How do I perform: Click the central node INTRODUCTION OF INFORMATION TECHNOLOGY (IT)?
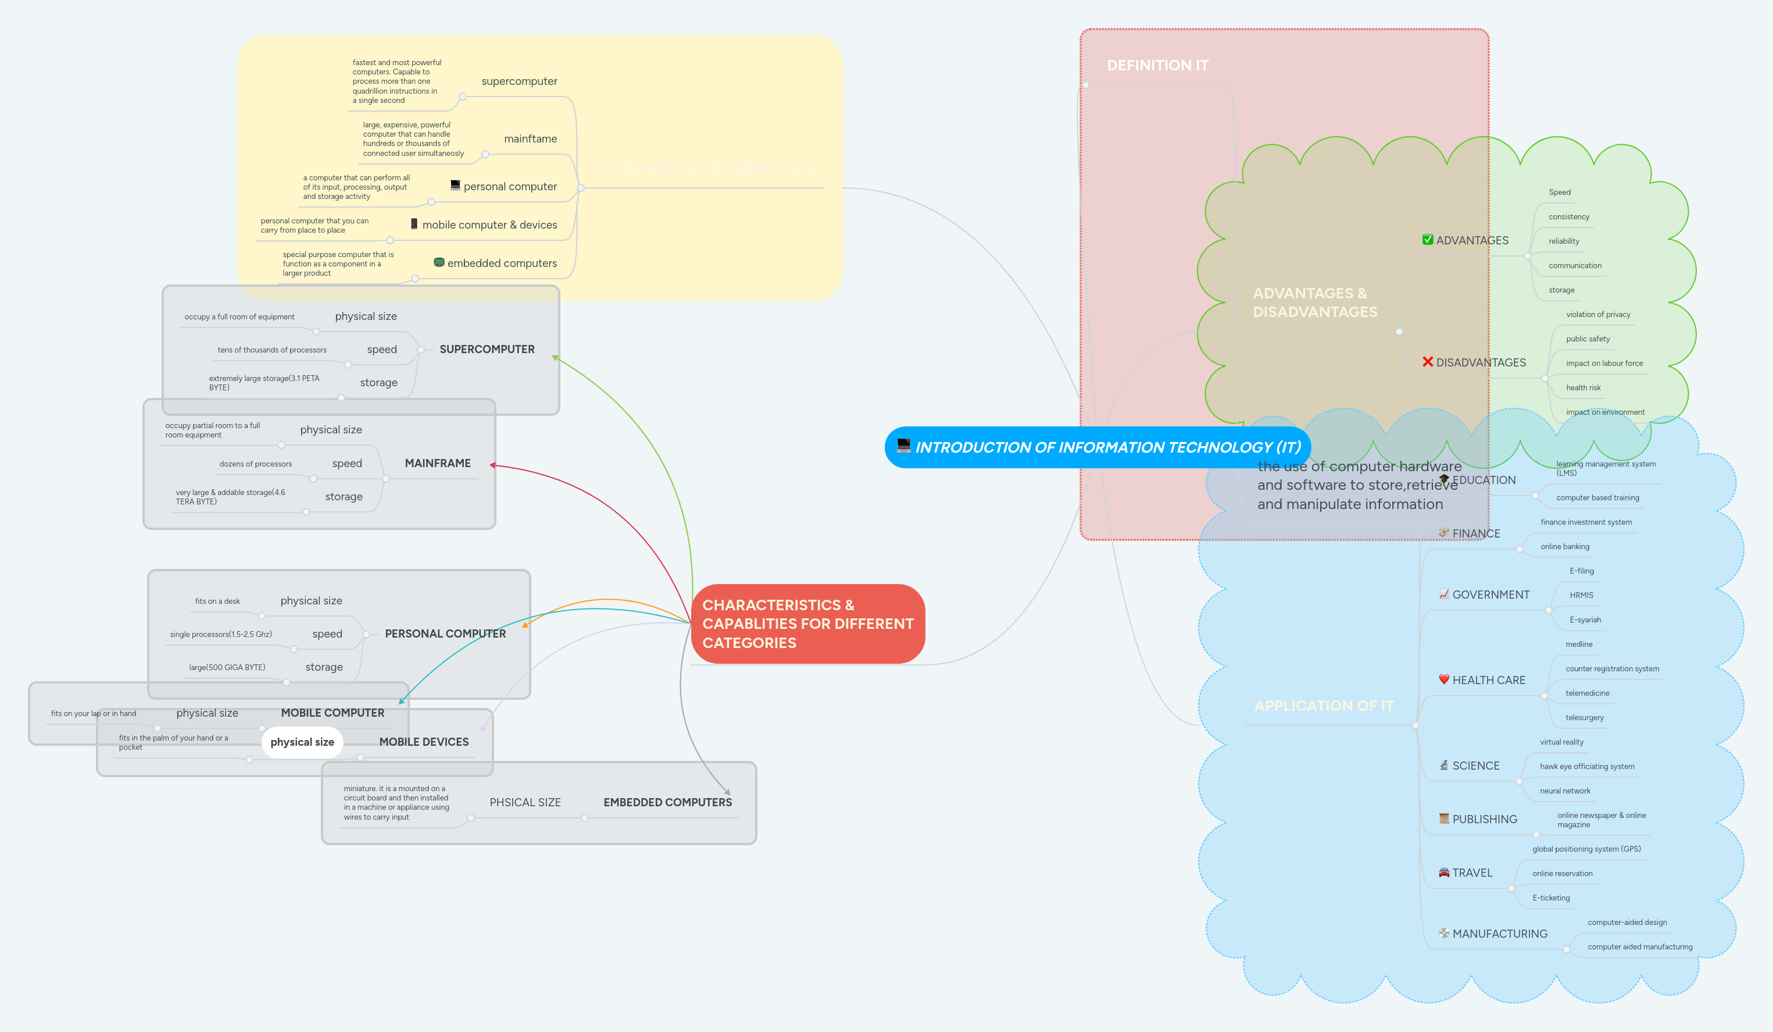tap(1098, 447)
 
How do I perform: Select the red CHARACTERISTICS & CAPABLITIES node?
tap(807, 624)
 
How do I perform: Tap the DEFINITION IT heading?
tap(1157, 66)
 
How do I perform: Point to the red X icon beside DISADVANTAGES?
tap(1428, 362)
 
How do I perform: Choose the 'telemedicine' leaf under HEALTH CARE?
tap(1587, 693)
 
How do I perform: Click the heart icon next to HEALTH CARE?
tap(1444, 679)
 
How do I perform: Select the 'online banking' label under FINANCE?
tap(1565, 547)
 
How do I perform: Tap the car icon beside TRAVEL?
tap(1444, 872)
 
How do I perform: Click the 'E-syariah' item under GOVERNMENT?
tap(1585, 620)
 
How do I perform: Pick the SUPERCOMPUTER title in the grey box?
tap(487, 349)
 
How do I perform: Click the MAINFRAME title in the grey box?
tap(438, 463)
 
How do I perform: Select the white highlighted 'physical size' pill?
tap(302, 742)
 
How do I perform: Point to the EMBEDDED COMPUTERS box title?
tap(667, 803)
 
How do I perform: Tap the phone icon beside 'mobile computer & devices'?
tap(414, 224)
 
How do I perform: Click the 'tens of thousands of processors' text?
tap(271, 350)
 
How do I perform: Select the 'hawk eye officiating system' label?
tap(1586, 767)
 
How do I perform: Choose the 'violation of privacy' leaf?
tap(1598, 315)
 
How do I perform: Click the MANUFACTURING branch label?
tap(1499, 934)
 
